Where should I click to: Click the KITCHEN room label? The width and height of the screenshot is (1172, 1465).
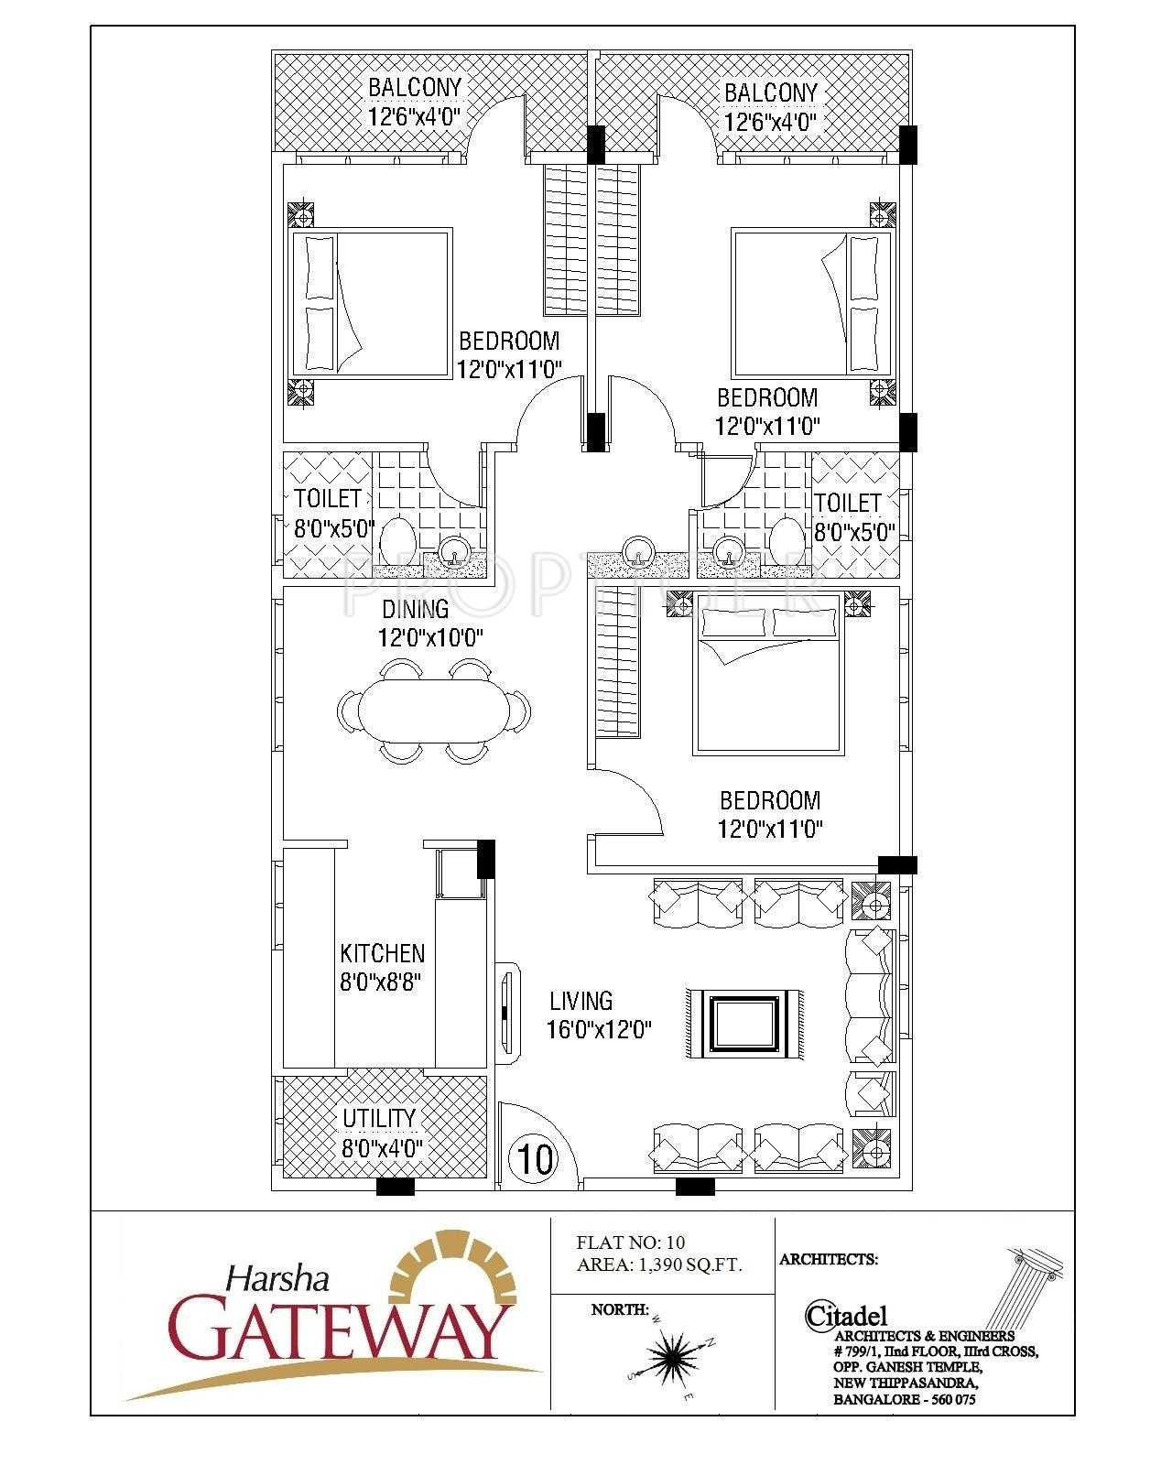382,953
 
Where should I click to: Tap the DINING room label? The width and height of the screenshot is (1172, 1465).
416,609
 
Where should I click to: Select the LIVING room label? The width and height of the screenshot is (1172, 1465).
581,1001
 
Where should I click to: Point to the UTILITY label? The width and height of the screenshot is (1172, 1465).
379,1118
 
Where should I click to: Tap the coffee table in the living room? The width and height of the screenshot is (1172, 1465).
744,1024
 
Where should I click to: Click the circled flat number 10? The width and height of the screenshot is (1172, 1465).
536,1158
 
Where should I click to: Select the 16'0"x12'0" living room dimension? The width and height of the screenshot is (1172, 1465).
600,1029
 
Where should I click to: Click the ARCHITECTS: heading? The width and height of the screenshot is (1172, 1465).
829,1259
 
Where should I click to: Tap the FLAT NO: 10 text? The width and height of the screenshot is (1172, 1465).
631,1243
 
